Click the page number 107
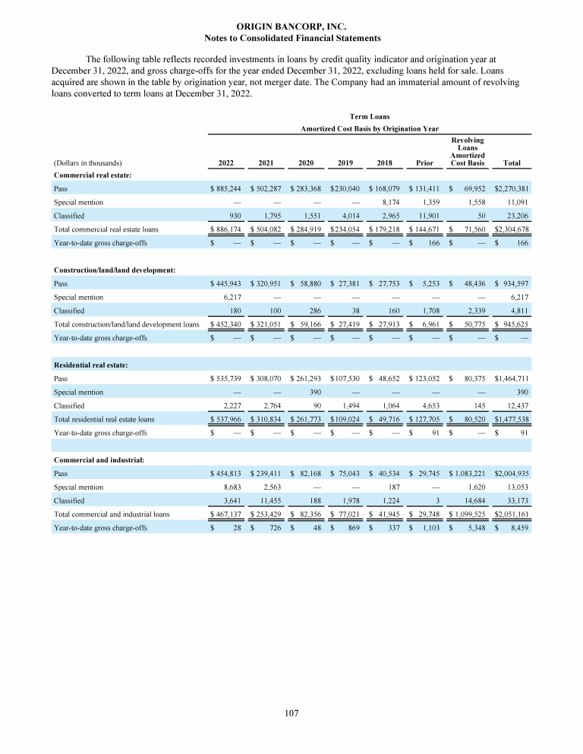(292, 713)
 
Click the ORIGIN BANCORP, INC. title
(292, 27)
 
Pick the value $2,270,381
(512, 188)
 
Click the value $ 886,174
(225, 229)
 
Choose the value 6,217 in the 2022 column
(231, 298)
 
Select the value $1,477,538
(512, 418)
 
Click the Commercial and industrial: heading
(99, 459)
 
